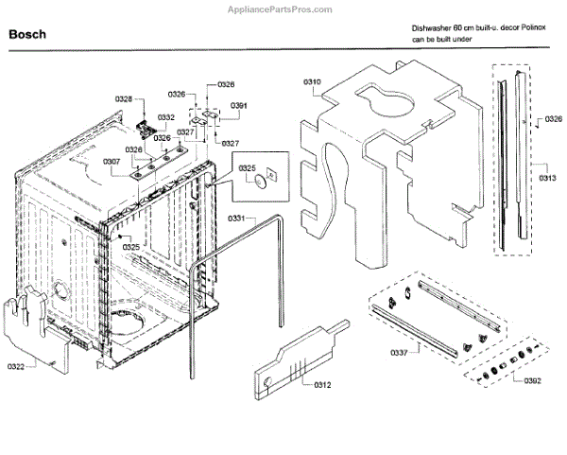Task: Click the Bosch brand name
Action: (x=27, y=34)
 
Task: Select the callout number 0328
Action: (x=124, y=98)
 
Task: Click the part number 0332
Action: (x=166, y=117)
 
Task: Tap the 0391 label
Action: (x=239, y=105)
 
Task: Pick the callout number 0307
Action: (x=112, y=162)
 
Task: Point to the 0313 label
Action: (x=547, y=178)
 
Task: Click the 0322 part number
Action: (x=17, y=366)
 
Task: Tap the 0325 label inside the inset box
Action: (x=248, y=167)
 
